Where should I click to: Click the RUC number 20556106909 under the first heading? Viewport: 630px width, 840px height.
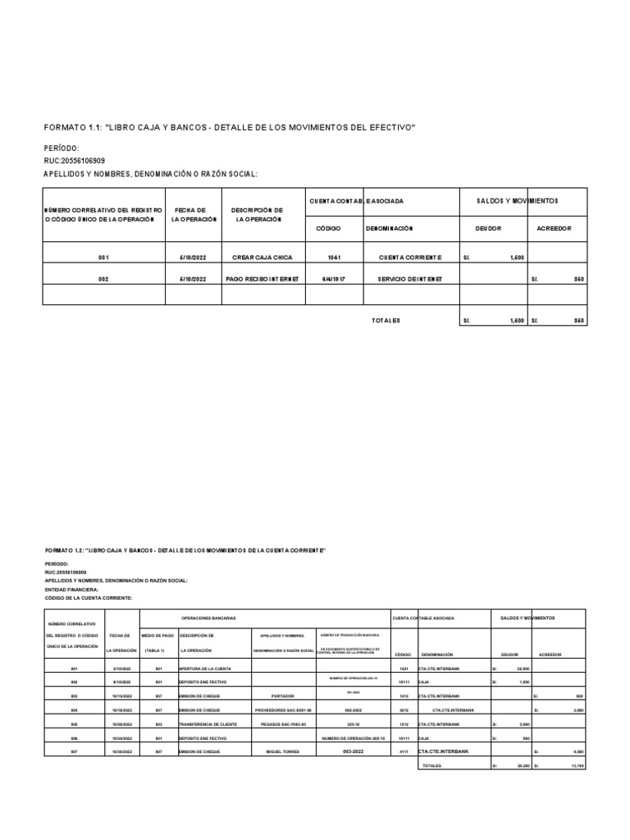[75, 161]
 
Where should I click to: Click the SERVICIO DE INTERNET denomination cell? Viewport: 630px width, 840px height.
[409, 279]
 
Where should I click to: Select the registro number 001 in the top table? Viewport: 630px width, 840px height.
[103, 258]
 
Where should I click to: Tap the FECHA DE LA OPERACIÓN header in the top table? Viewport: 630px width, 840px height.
[195, 215]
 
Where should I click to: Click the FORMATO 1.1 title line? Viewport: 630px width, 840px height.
[230, 128]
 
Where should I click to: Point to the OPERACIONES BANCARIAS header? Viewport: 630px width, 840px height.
[208, 618]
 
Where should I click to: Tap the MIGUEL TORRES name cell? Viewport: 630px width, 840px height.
[283, 751]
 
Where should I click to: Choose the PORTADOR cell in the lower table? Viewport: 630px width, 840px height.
[282, 696]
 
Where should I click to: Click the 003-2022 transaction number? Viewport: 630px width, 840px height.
[353, 751]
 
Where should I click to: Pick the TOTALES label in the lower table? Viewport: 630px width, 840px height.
[432, 765]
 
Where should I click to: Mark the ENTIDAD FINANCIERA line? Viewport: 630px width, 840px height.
[71, 589]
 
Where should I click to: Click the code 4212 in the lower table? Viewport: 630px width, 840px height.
[403, 710]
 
